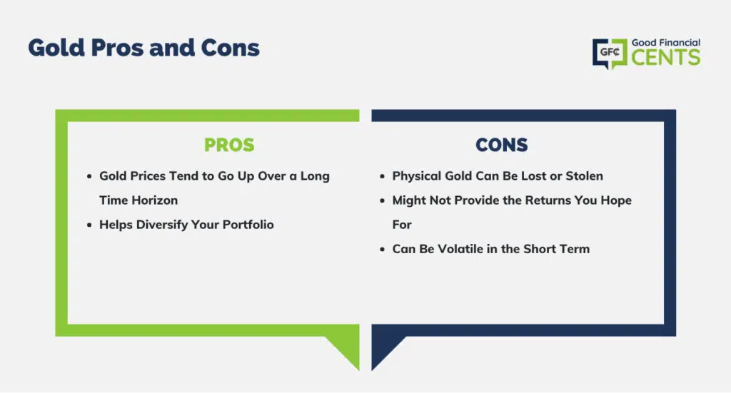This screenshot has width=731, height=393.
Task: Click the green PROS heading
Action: coord(229,145)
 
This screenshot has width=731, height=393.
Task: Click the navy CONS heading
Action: coord(502,145)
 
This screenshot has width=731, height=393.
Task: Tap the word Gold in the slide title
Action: coord(56,48)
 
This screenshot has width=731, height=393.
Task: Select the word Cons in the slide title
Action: coord(230,48)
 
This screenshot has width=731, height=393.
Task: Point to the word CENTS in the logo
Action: coord(666,58)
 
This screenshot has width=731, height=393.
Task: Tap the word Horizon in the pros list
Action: coord(154,200)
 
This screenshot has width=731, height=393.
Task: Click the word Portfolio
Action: coord(248,225)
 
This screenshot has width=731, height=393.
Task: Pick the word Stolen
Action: coord(584,176)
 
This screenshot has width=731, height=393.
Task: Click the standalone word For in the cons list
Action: coord(402,225)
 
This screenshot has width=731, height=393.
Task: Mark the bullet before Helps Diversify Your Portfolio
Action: coord(89,225)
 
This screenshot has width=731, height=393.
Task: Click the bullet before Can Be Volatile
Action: coord(383,249)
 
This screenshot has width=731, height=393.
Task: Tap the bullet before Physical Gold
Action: coord(383,176)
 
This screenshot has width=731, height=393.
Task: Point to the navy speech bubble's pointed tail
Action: coord(384,350)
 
